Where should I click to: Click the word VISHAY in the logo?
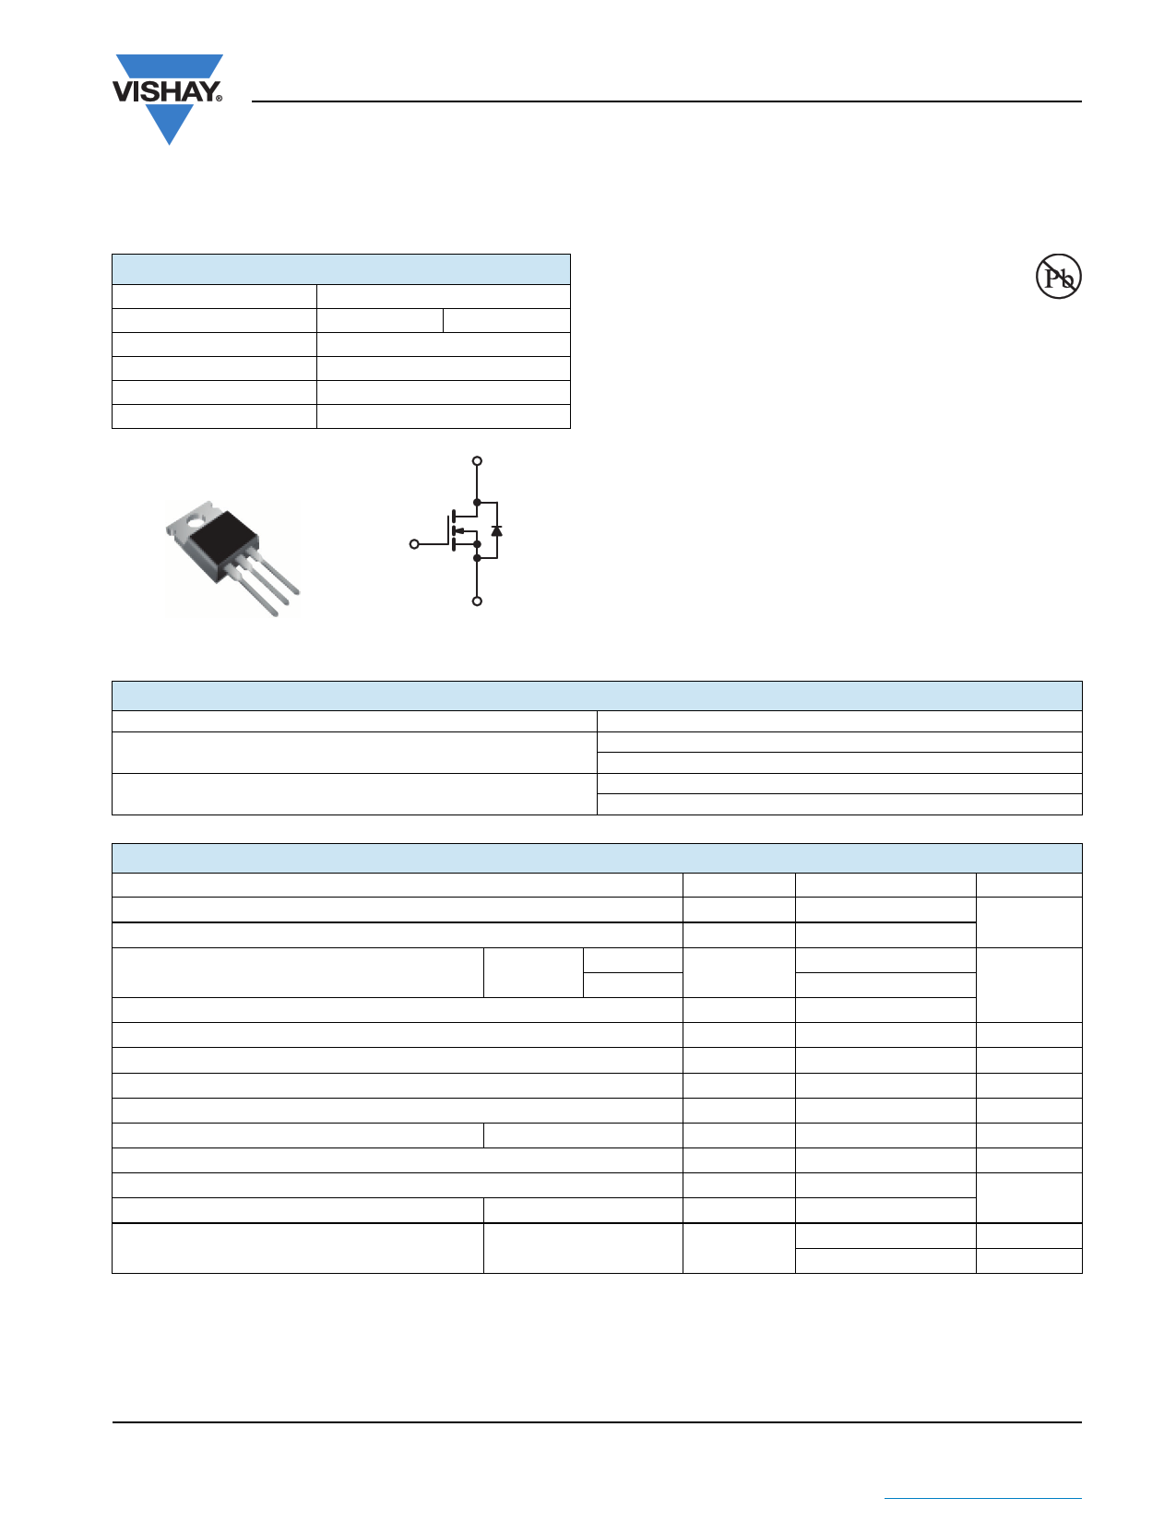pyautogui.click(x=165, y=91)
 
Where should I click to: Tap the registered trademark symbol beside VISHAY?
pyautogui.click(x=220, y=99)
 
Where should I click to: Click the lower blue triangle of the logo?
pyautogui.click(x=169, y=125)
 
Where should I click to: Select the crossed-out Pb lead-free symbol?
pyautogui.click(x=1058, y=276)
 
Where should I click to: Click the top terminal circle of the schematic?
pyautogui.click(x=477, y=461)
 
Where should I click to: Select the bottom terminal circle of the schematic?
pyautogui.click(x=477, y=600)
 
